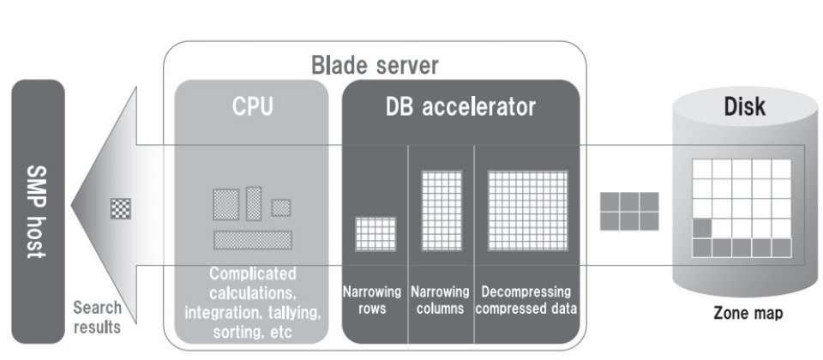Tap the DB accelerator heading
pyautogui.click(x=460, y=108)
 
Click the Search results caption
pyautogui.click(x=97, y=316)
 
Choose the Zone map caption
pyautogui.click(x=747, y=314)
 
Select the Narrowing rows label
pyautogui.click(x=375, y=300)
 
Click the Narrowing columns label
pyautogui.click(x=440, y=300)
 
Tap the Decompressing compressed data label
pyautogui.click(x=526, y=300)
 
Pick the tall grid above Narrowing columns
pyautogui.click(x=442, y=211)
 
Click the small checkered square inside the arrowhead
pyautogui.click(x=121, y=208)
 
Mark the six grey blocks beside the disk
pyautogui.click(x=629, y=211)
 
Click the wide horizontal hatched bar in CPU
pyautogui.click(x=253, y=240)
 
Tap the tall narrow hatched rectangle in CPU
pyautogui.click(x=254, y=204)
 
